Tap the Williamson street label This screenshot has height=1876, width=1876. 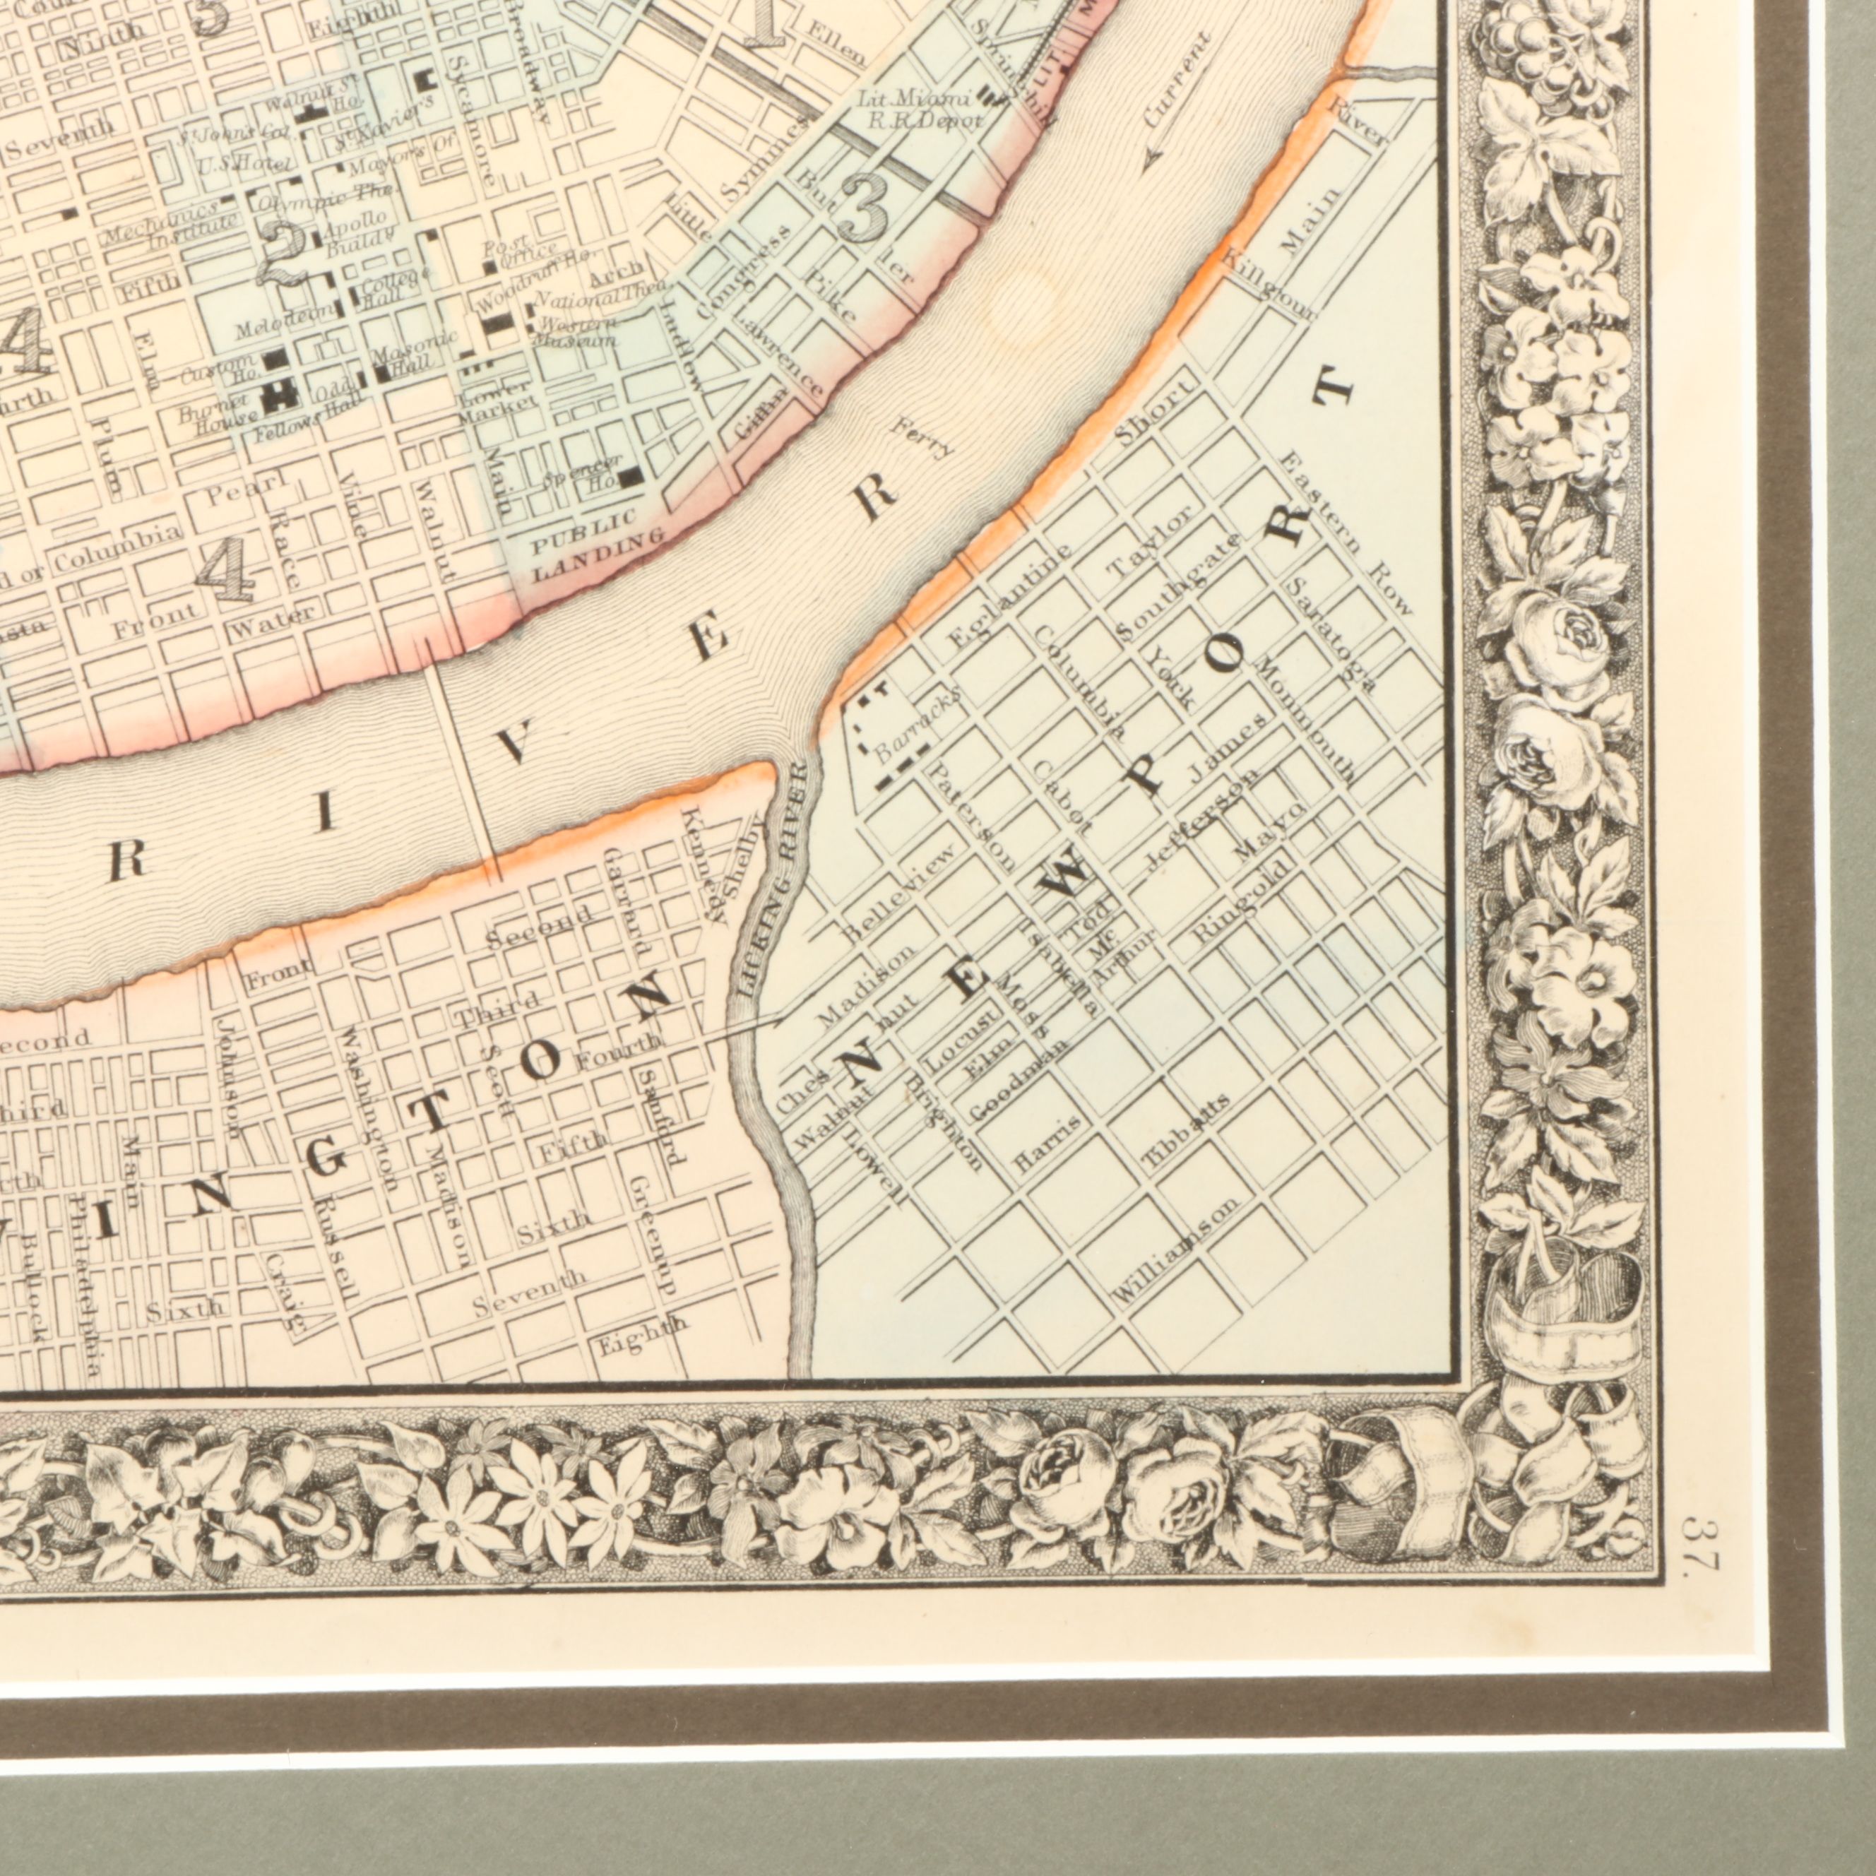1176,1249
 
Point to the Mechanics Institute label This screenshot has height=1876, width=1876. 170,225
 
